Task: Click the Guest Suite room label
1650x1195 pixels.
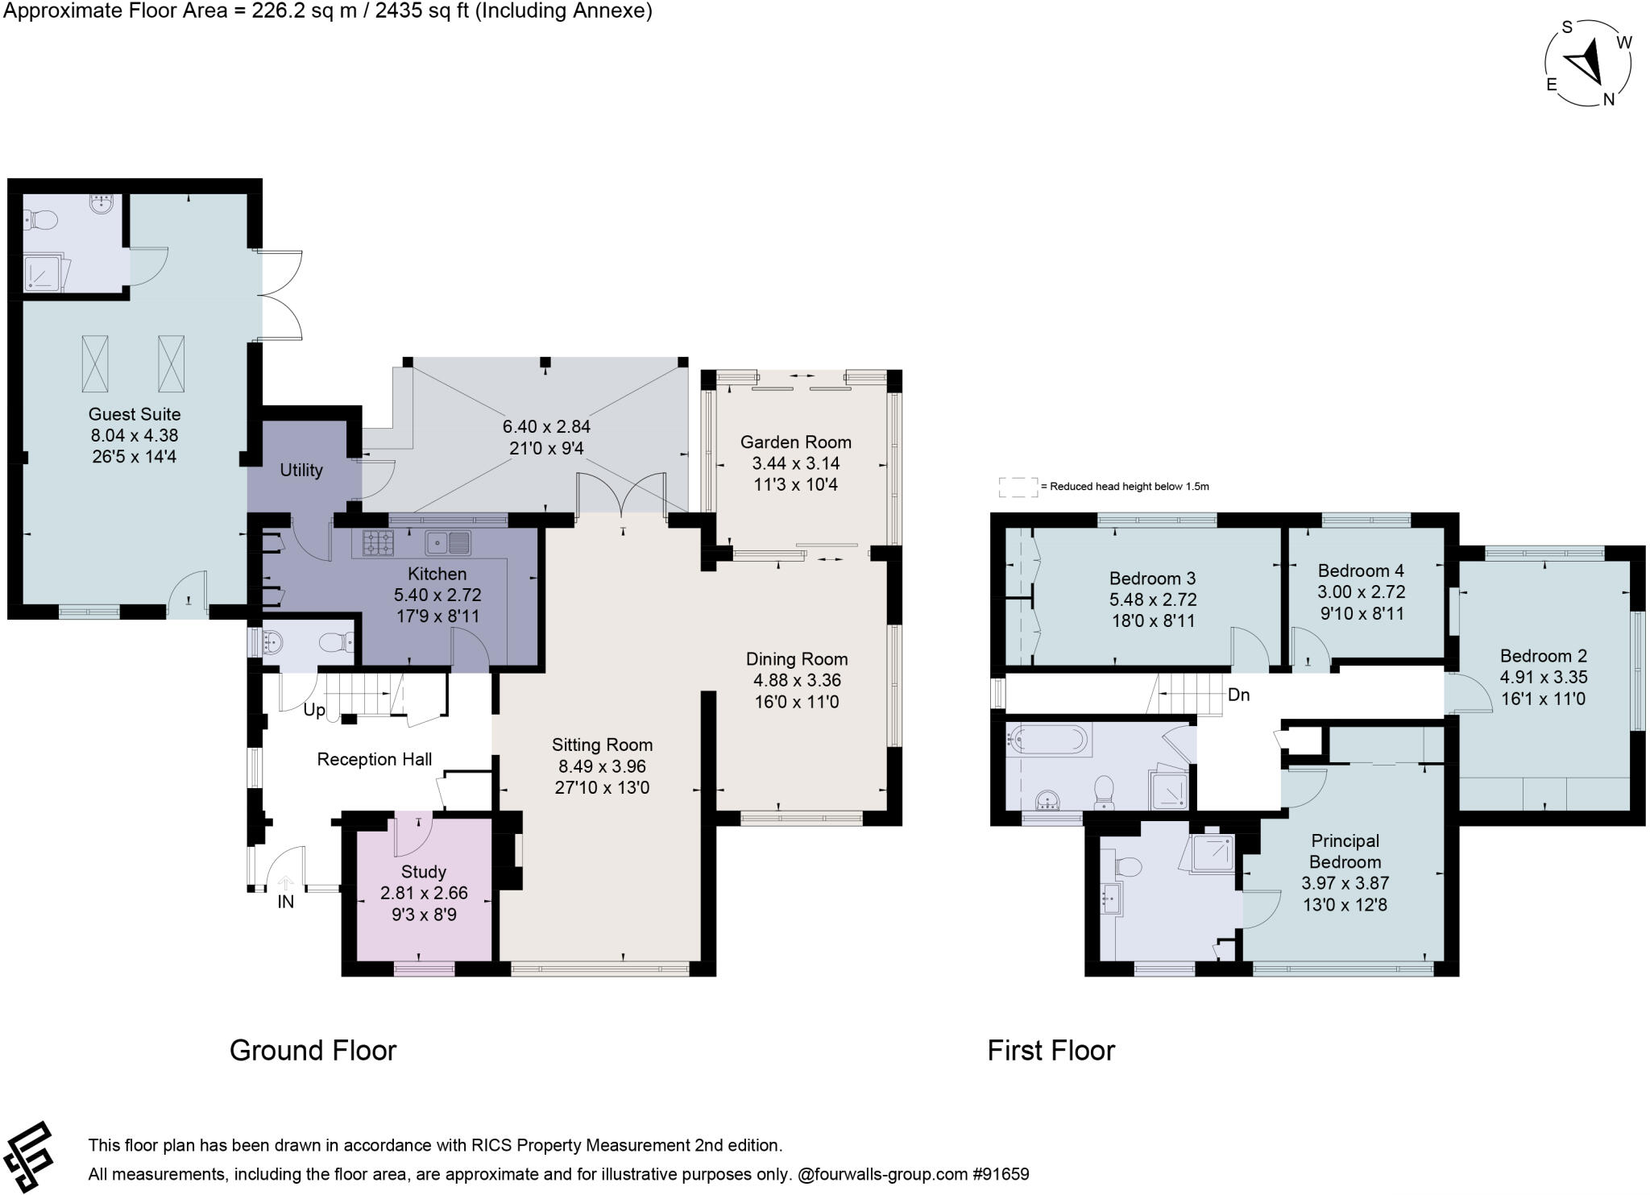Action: [135, 414]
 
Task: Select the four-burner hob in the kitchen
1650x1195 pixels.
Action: [377, 542]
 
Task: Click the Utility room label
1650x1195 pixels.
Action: [301, 470]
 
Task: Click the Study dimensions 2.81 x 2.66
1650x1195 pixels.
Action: [424, 893]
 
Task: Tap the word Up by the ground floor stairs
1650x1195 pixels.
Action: [314, 711]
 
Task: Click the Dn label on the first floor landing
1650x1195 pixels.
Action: [1238, 695]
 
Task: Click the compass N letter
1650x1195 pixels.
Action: [1609, 99]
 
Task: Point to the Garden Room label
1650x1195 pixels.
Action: [795, 442]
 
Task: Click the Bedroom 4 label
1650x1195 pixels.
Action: [1361, 571]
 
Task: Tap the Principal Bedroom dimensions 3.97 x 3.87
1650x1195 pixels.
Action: [1345, 883]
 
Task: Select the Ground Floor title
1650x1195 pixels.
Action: [313, 1051]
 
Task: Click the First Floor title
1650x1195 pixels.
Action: [1051, 1051]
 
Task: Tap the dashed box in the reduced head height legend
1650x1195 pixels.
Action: [1018, 487]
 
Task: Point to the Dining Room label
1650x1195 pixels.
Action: [796, 658]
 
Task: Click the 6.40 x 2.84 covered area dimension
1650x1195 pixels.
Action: [546, 427]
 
